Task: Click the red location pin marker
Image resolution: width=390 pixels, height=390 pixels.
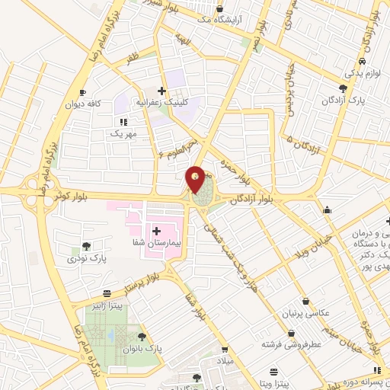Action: (x=196, y=180)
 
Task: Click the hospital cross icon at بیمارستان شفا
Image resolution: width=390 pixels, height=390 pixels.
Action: (x=155, y=230)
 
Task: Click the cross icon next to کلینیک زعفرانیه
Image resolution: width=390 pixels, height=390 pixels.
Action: (x=161, y=90)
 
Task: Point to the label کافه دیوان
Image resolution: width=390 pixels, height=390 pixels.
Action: (x=82, y=104)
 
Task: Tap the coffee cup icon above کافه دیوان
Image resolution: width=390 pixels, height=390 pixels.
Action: (x=82, y=93)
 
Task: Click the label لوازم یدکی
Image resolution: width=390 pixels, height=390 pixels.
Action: (x=362, y=73)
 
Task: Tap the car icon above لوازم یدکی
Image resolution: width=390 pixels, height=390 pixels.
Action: (x=363, y=62)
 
